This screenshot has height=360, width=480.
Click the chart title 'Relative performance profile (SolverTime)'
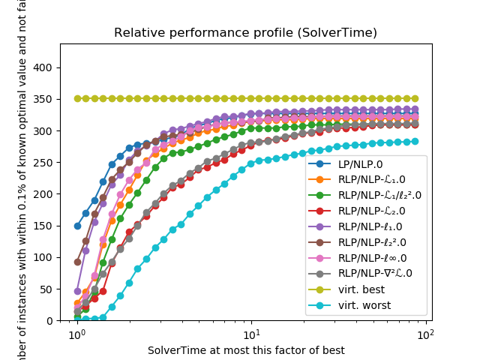click(x=245, y=33)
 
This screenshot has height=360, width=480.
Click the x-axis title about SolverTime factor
click(x=245, y=350)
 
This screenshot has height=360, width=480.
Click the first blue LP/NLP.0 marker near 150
click(x=77, y=226)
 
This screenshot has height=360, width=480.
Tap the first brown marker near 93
click(x=77, y=262)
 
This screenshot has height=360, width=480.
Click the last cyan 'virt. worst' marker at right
click(x=414, y=141)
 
